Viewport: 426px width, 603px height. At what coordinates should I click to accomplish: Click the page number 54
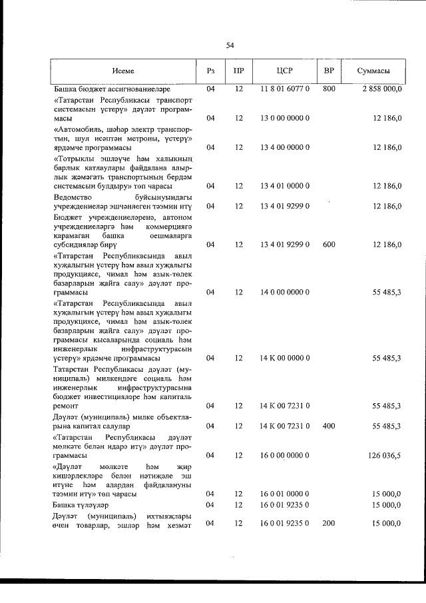coord(230,45)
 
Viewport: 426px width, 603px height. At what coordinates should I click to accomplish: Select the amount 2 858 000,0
coord(378,89)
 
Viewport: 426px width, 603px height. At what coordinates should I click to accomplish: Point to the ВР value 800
coord(328,89)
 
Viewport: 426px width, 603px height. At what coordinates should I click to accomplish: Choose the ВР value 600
coord(328,245)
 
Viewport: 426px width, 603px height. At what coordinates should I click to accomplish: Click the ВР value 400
coord(328,426)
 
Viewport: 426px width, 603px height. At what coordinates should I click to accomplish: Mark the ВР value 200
coord(328,524)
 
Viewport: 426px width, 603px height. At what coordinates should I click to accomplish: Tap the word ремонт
coord(65,405)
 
